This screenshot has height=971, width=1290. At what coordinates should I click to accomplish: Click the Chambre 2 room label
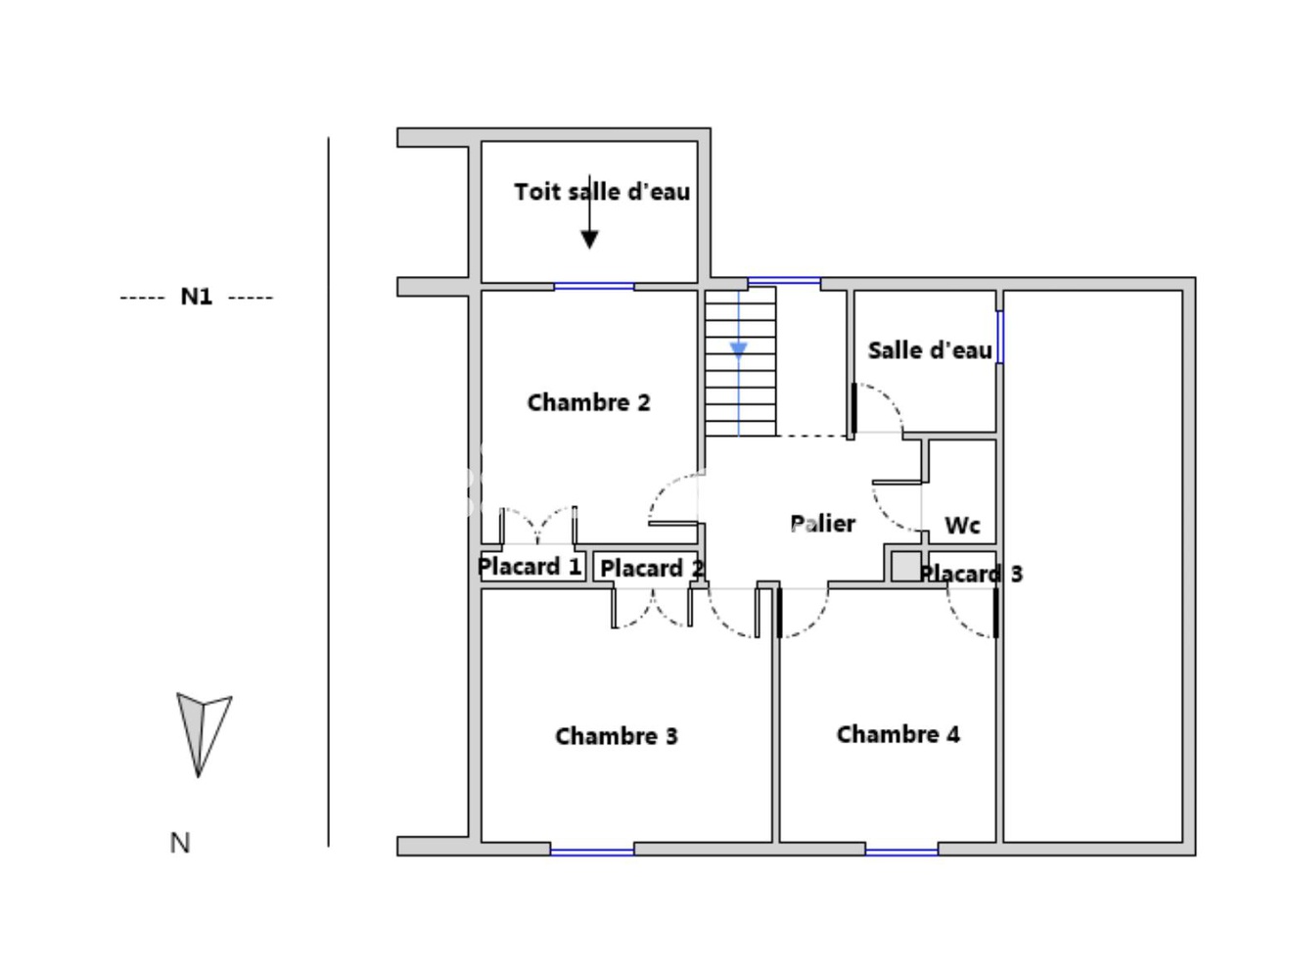click(x=588, y=402)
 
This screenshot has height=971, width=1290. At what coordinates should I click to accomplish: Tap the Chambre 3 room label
click(x=616, y=736)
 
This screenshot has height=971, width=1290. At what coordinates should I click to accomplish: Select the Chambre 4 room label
click(x=898, y=734)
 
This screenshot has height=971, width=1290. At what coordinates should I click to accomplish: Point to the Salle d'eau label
click(x=929, y=350)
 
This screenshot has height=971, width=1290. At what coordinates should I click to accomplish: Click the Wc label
click(x=962, y=526)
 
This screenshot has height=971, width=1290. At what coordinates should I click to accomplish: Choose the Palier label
click(x=822, y=524)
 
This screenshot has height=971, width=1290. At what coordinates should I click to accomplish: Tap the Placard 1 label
click(x=530, y=567)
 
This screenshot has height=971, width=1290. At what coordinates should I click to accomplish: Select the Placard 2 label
click(x=651, y=569)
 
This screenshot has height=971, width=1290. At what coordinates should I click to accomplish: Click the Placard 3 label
click(x=971, y=574)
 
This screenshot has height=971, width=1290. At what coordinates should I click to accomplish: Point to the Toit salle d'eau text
click(x=602, y=192)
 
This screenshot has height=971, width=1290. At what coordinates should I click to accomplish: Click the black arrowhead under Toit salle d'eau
click(x=589, y=239)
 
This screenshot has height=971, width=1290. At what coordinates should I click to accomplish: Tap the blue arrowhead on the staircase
click(x=739, y=349)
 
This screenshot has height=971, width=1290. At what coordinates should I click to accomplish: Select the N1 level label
click(x=196, y=297)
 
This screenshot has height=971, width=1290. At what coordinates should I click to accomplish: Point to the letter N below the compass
click(x=180, y=843)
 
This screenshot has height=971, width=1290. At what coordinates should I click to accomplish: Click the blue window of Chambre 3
click(x=592, y=852)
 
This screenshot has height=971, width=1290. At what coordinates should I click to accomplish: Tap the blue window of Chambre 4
click(x=901, y=852)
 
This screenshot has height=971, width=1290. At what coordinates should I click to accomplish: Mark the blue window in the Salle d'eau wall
click(x=999, y=337)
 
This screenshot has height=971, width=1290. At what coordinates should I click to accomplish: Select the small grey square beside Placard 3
click(x=905, y=568)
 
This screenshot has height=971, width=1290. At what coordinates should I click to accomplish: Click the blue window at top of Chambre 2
click(x=594, y=286)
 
